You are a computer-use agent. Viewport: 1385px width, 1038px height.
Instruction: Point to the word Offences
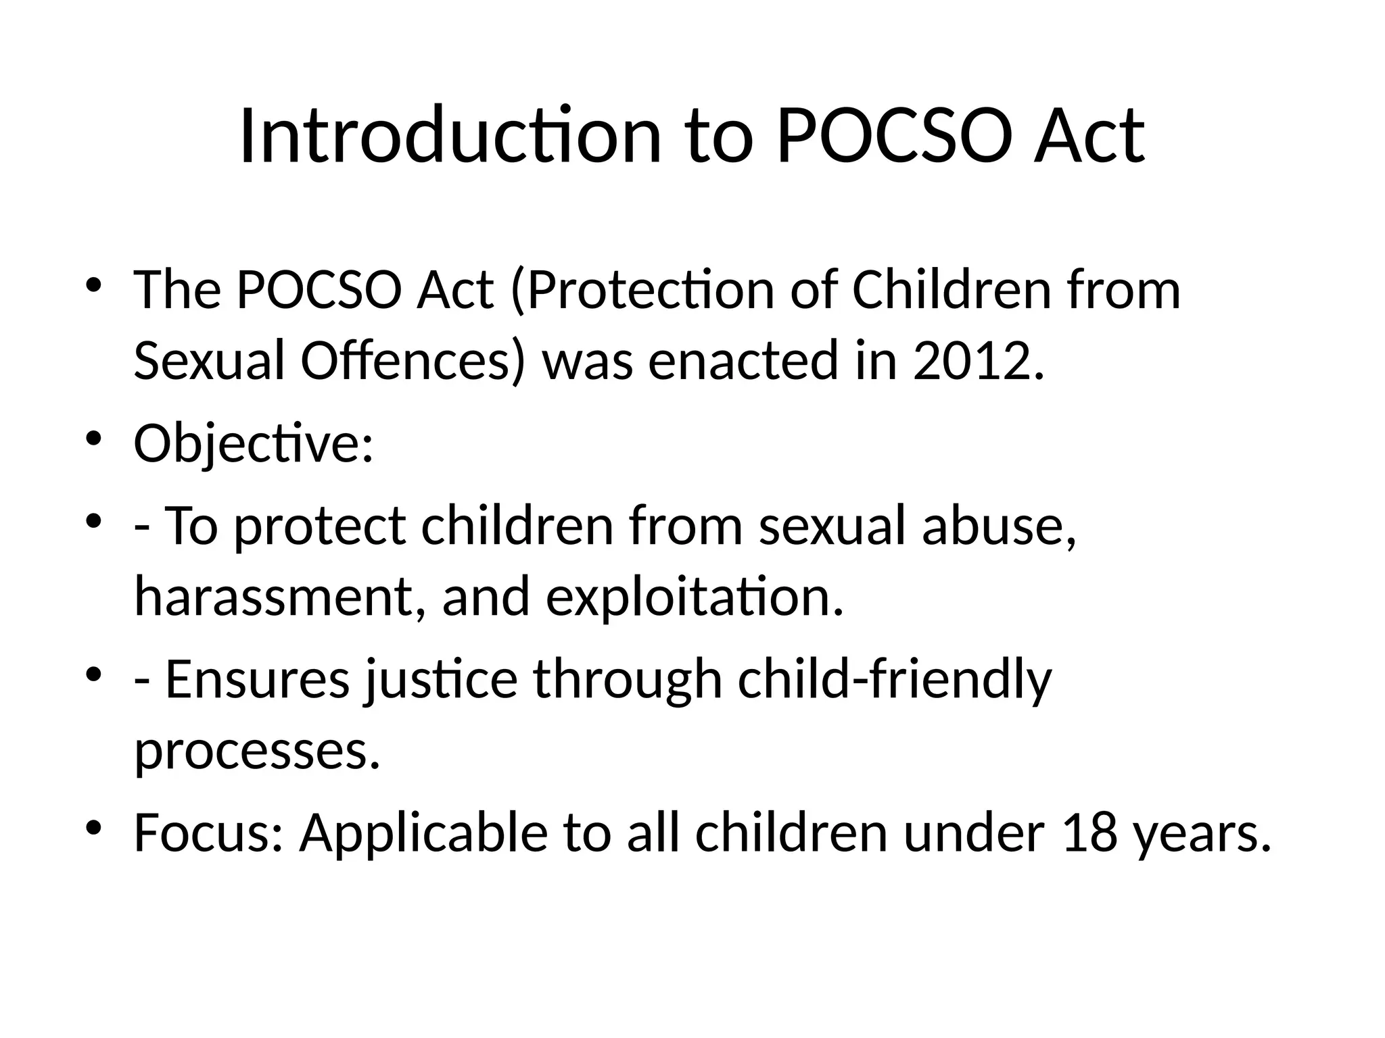(x=412, y=360)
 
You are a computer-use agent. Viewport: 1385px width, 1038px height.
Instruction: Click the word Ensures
(x=258, y=679)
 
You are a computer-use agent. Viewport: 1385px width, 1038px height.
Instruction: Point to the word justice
(x=441, y=679)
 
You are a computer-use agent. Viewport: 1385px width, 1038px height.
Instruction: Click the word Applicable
(x=423, y=833)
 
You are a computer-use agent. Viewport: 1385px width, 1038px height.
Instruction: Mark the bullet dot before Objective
(x=93, y=439)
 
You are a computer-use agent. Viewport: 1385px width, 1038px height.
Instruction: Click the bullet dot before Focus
(x=93, y=827)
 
